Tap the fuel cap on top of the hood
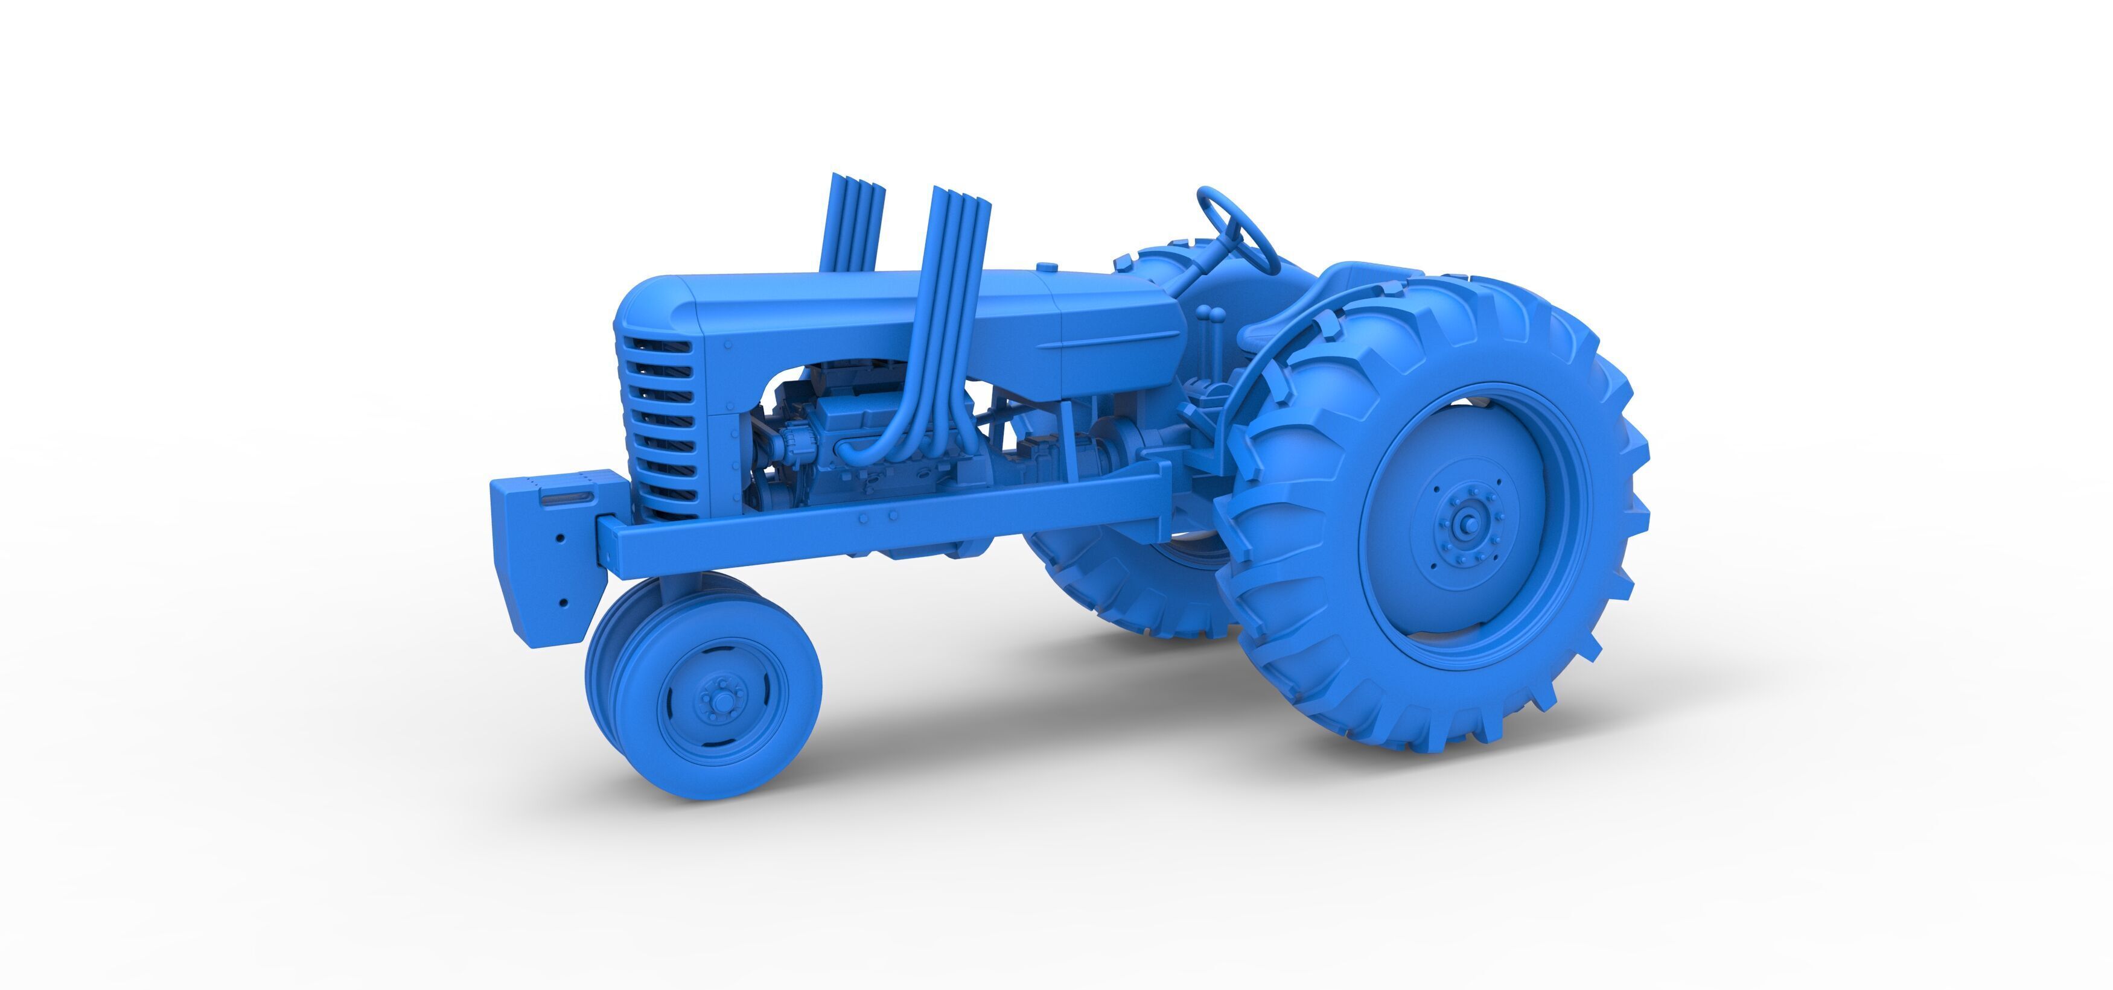(1046, 267)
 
